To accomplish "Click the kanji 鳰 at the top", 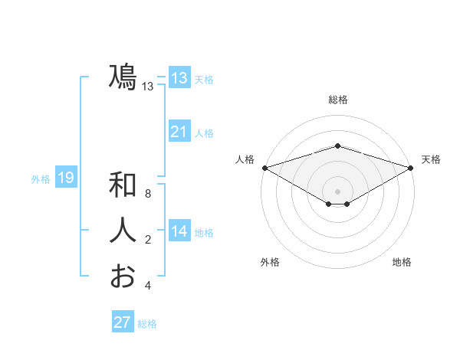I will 123,78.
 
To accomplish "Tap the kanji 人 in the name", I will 123,231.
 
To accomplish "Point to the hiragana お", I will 123,276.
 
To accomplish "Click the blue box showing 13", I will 179,78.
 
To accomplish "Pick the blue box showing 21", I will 179,132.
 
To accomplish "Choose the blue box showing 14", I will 179,231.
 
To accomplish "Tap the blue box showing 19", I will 66,178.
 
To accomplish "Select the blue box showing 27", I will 123,322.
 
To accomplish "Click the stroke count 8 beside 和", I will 148,194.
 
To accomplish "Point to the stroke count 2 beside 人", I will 148,240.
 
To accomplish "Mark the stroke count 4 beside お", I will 148,286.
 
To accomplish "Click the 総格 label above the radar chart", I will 337,100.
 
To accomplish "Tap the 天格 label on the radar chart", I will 432,159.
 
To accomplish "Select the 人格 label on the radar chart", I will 244,159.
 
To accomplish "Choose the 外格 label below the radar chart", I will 270,262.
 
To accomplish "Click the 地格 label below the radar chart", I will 402,262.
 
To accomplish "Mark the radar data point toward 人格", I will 264,167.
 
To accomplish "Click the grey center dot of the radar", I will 337,191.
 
